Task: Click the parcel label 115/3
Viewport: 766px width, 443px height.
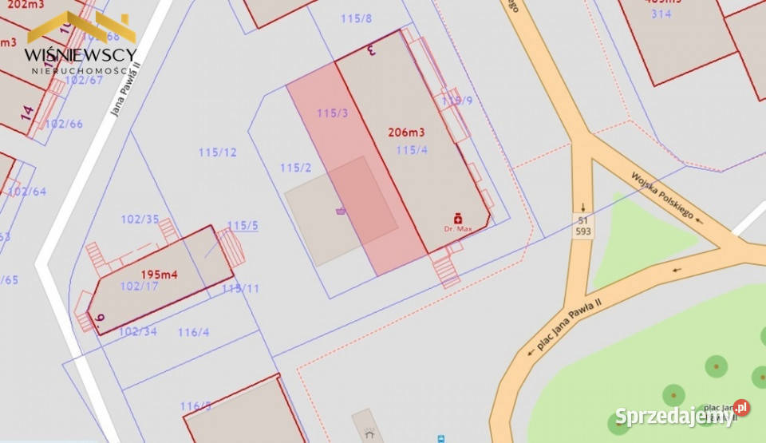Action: [x=332, y=113]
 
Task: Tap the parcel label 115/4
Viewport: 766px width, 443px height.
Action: [x=412, y=149]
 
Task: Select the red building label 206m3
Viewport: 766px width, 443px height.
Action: [x=405, y=133]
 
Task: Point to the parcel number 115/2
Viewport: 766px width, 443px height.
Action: [x=295, y=168]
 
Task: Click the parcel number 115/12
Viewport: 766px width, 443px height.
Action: [x=218, y=152]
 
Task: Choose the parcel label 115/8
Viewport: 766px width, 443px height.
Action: [x=356, y=18]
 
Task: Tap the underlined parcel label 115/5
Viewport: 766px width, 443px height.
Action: [x=243, y=226]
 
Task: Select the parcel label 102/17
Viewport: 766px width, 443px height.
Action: [x=139, y=286]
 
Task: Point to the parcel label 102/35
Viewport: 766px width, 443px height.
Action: [x=140, y=219]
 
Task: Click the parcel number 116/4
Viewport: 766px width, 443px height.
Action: [x=193, y=332]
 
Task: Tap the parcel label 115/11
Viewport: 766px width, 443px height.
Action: [x=240, y=288]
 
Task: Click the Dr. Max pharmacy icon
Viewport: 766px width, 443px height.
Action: [x=458, y=218]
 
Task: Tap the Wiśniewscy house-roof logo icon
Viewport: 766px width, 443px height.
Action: [x=81, y=27]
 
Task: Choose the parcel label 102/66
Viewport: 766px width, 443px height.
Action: [x=64, y=124]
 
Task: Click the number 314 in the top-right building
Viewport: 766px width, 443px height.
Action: [x=661, y=14]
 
